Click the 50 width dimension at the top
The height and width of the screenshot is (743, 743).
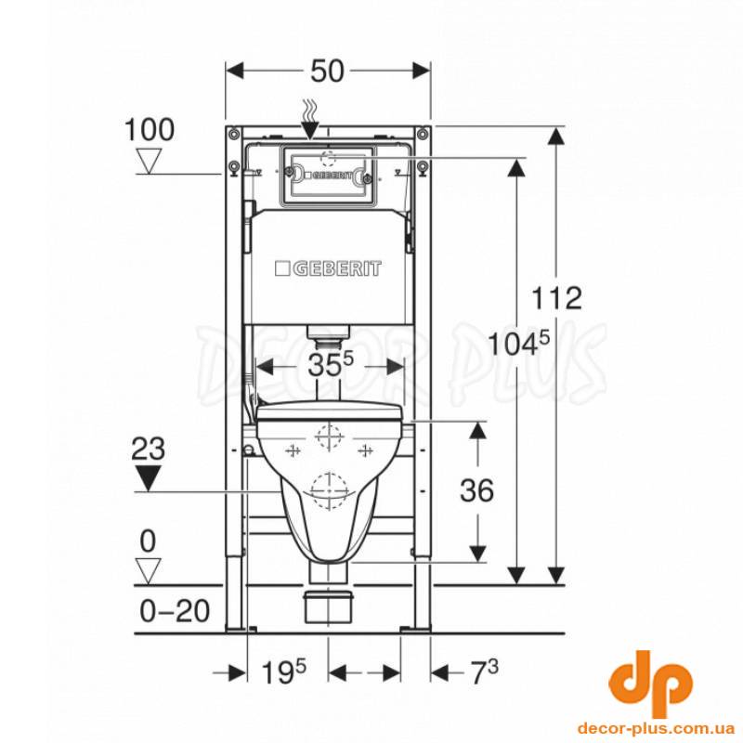point(327,72)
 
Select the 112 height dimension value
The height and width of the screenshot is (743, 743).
point(556,298)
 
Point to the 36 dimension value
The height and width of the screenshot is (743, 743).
point(476,490)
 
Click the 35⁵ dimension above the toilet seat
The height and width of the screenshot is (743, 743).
point(331,365)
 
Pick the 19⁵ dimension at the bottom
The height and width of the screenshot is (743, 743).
point(284,671)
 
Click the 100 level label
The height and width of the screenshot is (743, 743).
point(150,129)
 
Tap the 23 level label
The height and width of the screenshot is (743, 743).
point(149,449)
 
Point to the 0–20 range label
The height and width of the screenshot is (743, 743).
point(175,611)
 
